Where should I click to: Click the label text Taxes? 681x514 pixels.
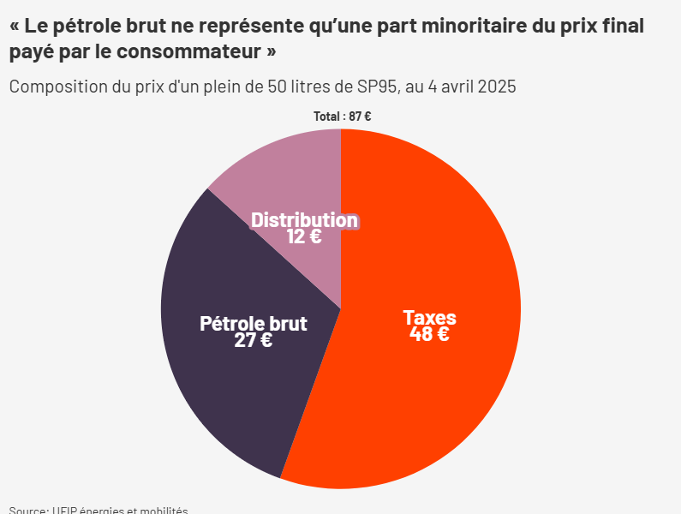[429, 318]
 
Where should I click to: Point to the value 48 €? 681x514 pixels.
[429, 334]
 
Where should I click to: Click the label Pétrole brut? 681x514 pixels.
[254, 324]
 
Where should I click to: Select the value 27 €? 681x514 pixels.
[254, 340]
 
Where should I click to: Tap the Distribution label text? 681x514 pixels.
[304, 220]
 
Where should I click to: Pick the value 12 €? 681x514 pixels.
[304, 236]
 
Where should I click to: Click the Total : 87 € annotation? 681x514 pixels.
[342, 117]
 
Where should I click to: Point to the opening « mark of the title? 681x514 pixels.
[15, 26]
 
